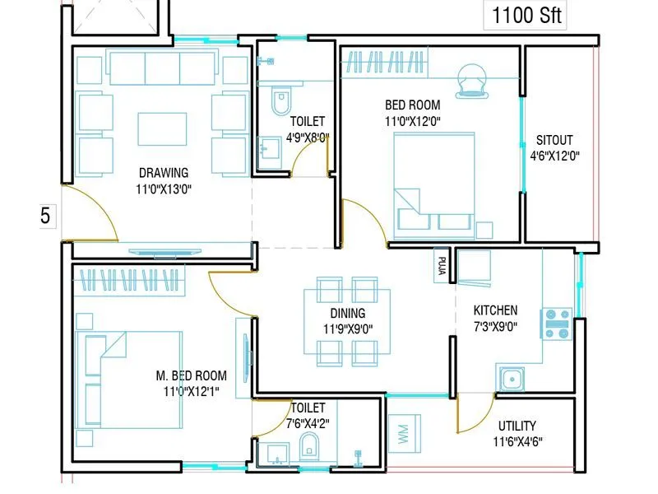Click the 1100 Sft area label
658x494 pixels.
coord(527,15)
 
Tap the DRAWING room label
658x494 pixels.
coord(164,173)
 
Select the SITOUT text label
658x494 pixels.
coord(554,140)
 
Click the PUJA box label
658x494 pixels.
coord(442,266)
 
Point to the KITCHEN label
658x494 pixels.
coord(495,310)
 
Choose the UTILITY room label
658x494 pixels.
coord(517,426)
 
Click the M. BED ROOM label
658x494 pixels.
coord(192,375)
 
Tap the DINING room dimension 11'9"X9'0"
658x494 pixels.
coord(348,328)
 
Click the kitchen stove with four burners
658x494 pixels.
coord(557,323)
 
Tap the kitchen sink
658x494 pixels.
coord(511,380)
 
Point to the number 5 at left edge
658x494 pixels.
coord(45,217)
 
